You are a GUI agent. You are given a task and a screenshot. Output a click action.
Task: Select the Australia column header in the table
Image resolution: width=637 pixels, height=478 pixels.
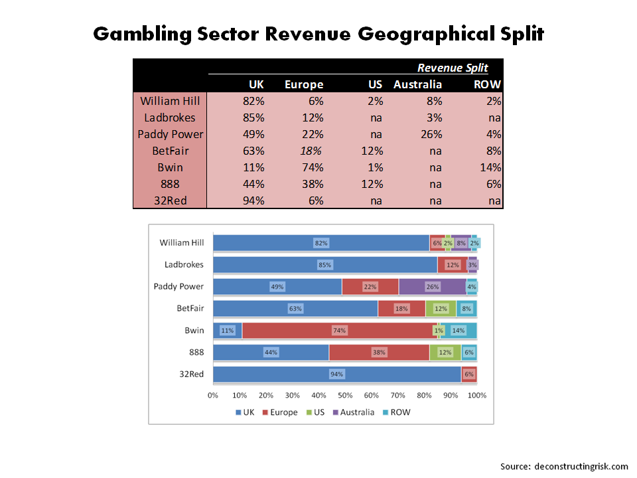[417, 84]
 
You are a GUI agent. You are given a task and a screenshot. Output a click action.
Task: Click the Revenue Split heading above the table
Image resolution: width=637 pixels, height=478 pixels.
[453, 68]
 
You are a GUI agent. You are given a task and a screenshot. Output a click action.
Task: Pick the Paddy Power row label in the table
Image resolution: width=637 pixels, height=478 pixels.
[171, 134]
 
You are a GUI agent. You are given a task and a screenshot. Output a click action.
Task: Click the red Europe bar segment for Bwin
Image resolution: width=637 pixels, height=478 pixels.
[339, 330]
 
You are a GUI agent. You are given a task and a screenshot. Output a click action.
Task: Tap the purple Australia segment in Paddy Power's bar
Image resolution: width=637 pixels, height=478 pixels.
[432, 287]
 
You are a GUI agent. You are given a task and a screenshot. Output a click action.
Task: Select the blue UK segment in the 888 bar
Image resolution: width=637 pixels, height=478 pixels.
[271, 352]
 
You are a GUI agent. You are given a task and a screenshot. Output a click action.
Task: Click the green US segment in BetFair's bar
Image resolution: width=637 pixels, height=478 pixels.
[441, 309]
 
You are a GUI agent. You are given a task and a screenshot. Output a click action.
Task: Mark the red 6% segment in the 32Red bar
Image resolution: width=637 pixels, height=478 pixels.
[469, 374]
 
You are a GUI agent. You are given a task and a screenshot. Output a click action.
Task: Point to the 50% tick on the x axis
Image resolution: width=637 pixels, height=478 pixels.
[345, 395]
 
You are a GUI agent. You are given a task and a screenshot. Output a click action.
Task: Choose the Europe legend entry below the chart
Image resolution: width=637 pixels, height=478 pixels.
[278, 412]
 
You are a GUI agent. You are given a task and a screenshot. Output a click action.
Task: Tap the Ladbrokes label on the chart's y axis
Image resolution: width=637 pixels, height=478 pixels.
[184, 265]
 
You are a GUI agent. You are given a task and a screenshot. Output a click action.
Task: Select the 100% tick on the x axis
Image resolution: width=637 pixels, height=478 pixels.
[477, 395]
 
